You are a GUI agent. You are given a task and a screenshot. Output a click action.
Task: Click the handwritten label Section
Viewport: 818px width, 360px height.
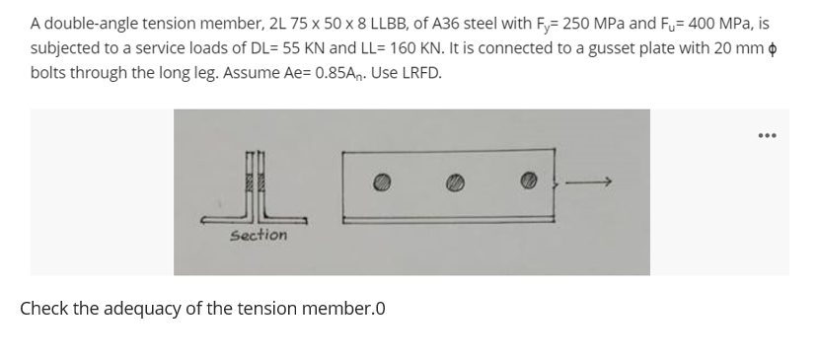[259, 235]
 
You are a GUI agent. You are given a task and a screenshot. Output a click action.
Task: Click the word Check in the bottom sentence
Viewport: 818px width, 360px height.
[44, 308]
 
